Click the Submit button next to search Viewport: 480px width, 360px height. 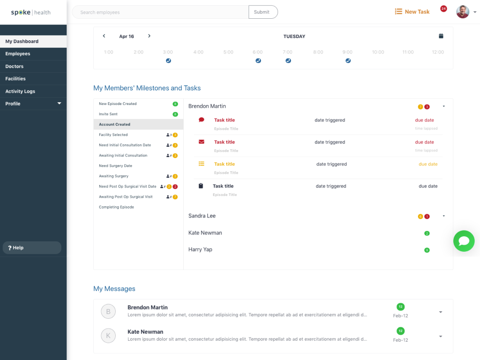click(x=262, y=12)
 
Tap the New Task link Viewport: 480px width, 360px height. click(x=412, y=12)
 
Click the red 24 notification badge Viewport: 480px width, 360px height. click(x=443, y=9)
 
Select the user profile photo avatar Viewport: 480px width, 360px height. click(x=463, y=12)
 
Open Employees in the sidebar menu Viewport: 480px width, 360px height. click(x=18, y=54)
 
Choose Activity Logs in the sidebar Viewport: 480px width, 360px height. click(x=20, y=91)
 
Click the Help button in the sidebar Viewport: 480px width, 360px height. click(x=32, y=247)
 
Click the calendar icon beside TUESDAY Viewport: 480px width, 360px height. click(x=441, y=36)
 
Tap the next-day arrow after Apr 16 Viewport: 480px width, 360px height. click(x=149, y=36)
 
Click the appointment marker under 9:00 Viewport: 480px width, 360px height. click(x=348, y=60)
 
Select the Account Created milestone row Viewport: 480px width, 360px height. click(x=138, y=124)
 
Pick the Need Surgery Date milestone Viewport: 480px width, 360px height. click(x=116, y=166)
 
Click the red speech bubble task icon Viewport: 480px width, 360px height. click(x=202, y=120)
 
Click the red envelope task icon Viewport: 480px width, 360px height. click(x=202, y=142)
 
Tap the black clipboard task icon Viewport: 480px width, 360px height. click(x=201, y=186)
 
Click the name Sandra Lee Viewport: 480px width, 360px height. click(x=202, y=216)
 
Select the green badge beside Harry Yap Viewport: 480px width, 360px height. click(x=427, y=250)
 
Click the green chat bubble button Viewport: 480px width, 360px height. click(x=464, y=241)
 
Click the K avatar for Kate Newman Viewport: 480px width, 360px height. click(x=108, y=336)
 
